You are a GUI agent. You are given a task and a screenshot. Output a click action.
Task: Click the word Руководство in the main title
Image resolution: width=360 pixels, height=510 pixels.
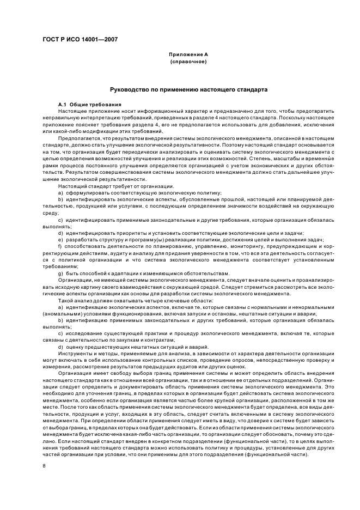point(129,89)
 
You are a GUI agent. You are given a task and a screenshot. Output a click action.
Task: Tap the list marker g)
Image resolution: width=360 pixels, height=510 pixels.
point(60,274)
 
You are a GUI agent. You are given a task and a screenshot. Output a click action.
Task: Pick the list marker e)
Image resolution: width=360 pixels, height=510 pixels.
point(60,239)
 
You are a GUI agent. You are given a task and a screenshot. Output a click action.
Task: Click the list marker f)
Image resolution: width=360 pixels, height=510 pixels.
point(60,246)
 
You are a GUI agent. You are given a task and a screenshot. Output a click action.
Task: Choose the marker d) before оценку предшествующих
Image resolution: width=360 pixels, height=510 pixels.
point(60,348)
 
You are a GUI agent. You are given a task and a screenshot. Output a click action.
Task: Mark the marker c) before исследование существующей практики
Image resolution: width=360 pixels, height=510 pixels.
point(60,334)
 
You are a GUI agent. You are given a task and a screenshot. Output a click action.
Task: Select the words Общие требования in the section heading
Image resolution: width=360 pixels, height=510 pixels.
point(96,104)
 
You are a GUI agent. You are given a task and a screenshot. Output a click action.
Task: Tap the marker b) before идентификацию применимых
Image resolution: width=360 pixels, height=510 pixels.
point(60,321)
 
